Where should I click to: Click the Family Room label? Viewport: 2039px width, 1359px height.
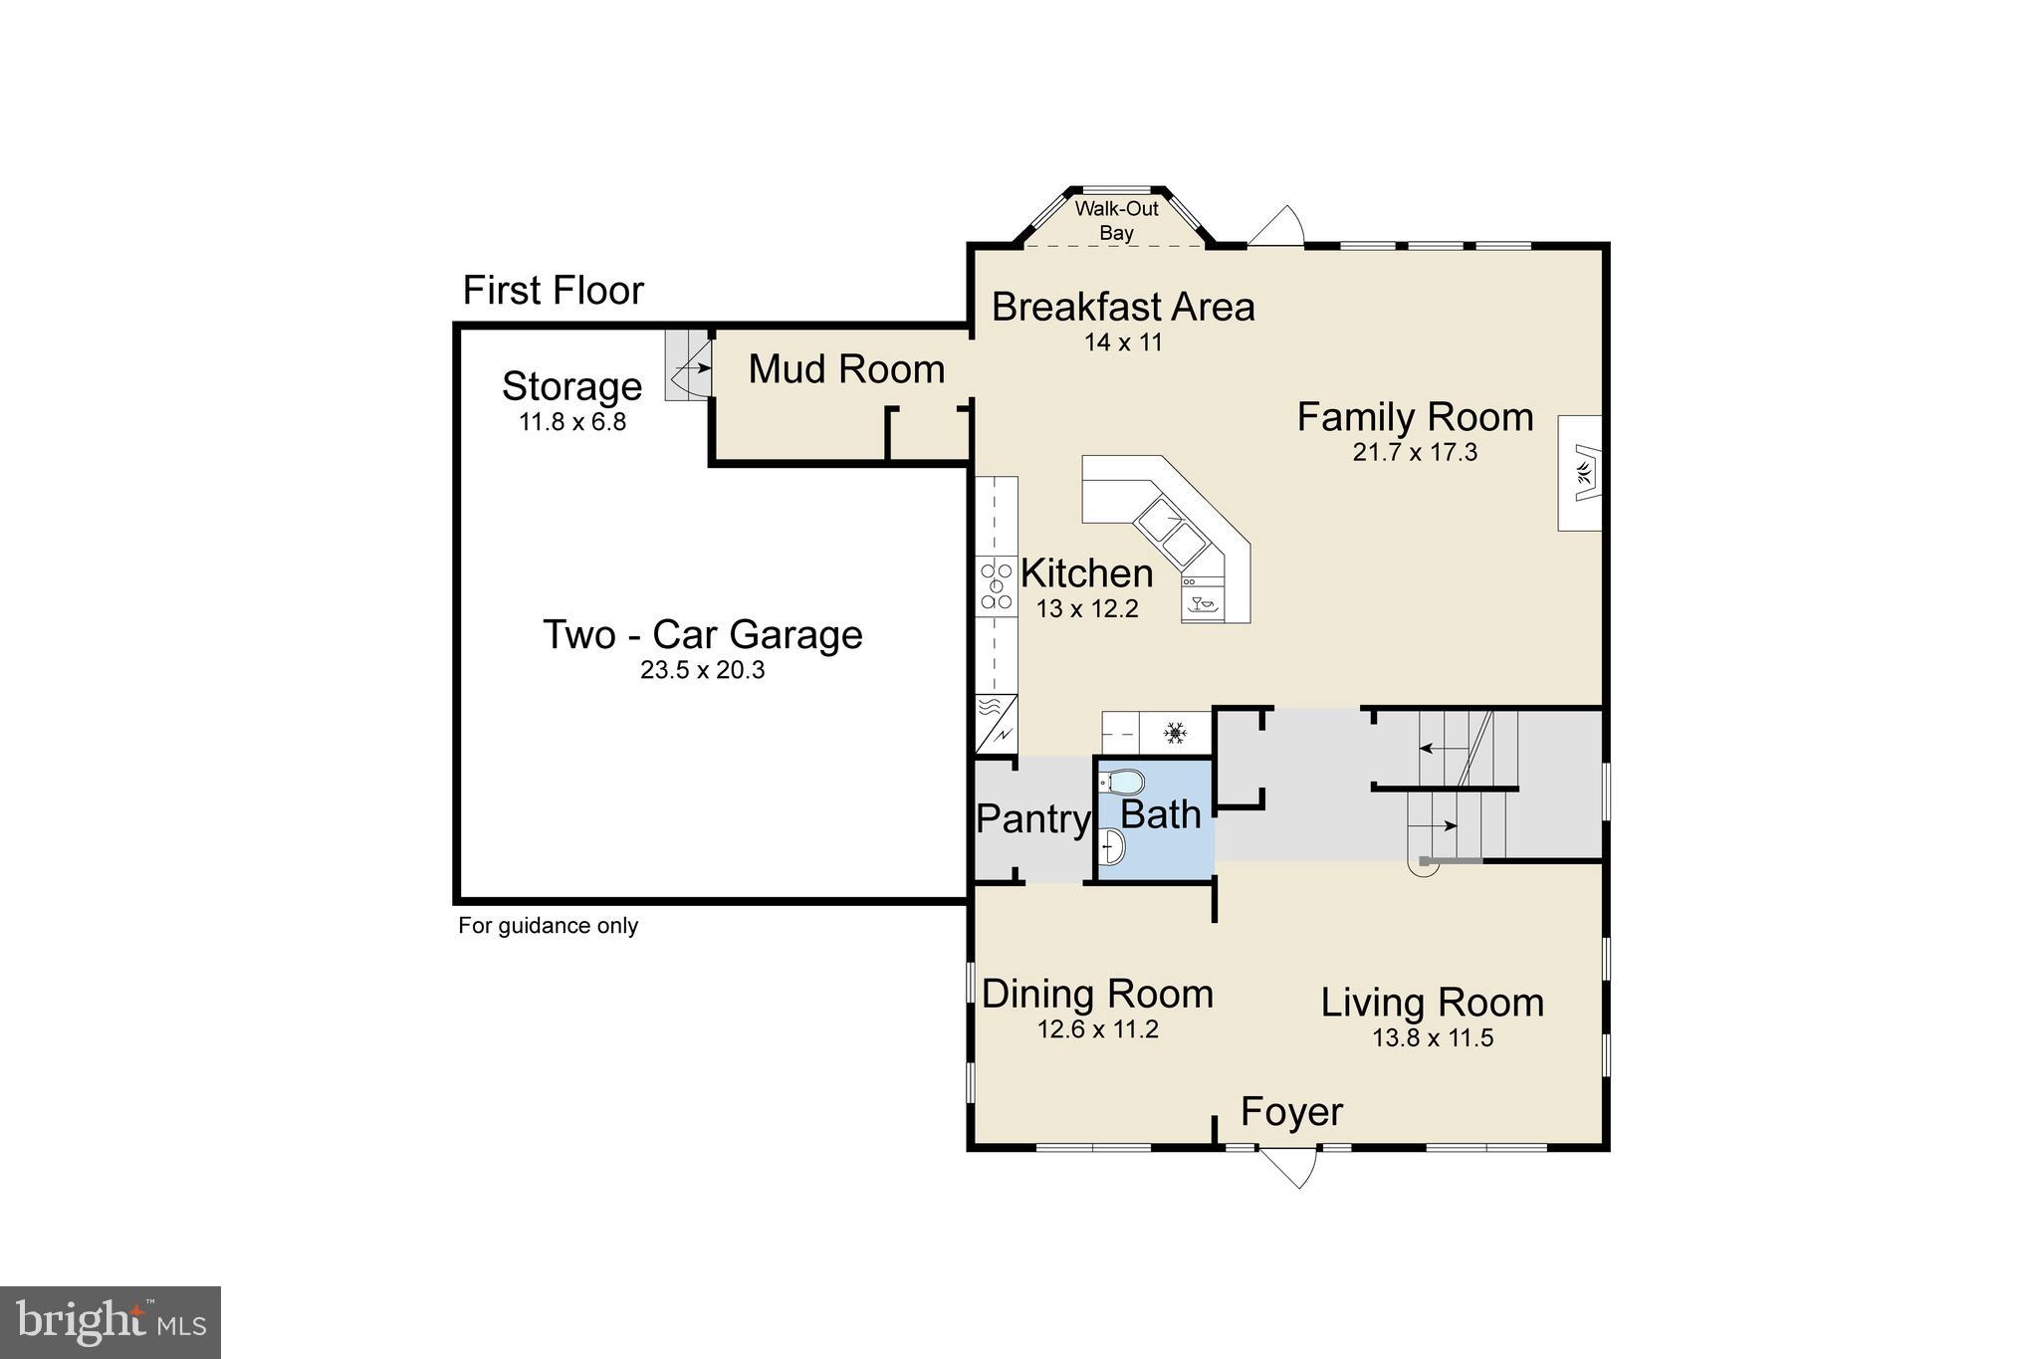point(1414,417)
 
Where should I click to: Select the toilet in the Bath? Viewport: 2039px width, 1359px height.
point(1122,782)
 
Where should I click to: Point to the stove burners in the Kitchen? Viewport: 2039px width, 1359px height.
point(995,586)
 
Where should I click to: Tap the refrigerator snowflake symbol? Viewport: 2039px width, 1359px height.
point(1176,735)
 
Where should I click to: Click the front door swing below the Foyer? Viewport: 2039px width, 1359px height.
point(1291,1167)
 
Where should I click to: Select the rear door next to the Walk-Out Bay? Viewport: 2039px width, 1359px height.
point(1277,227)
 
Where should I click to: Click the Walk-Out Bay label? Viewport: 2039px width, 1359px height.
point(1116,221)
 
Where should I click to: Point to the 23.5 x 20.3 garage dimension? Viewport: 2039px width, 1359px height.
point(702,670)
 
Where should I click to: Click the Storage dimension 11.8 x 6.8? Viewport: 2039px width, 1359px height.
point(571,422)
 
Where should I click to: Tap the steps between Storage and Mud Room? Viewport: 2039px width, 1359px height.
point(688,366)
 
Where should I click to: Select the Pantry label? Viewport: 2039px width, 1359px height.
point(1032,819)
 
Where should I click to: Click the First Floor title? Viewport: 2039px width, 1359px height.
point(553,291)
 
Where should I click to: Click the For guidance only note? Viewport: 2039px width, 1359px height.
point(548,926)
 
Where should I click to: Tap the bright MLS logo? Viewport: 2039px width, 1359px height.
point(111,1322)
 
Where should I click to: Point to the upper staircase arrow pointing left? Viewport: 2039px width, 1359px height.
point(1434,748)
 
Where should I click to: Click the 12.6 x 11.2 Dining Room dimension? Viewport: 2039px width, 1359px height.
point(1097,1029)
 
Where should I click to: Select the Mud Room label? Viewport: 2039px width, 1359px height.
point(845,369)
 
